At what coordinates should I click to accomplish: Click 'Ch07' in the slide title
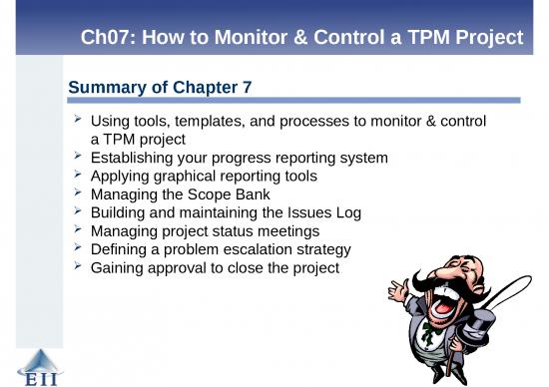pyautogui.click(x=107, y=39)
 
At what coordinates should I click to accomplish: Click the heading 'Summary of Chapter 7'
pyautogui.click(x=159, y=90)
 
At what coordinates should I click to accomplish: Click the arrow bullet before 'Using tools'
pyautogui.click(x=77, y=121)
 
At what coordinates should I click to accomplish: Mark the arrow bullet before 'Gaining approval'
pyautogui.click(x=77, y=266)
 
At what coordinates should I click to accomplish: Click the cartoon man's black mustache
pyautogui.click(x=440, y=283)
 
